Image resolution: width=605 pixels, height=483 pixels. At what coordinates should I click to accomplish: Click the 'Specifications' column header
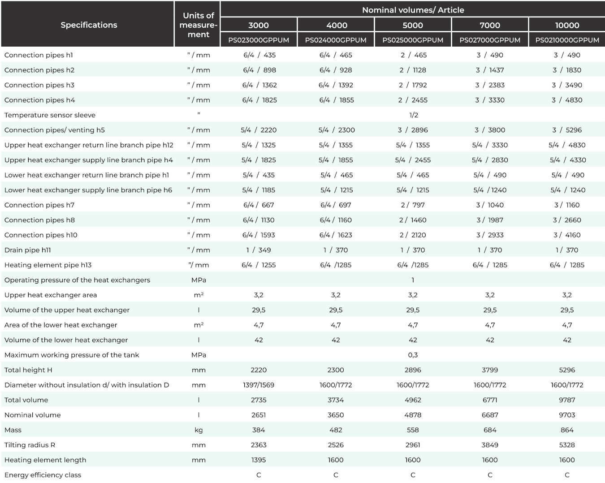pos(89,25)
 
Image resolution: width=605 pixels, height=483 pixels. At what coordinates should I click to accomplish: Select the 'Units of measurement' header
pos(199,25)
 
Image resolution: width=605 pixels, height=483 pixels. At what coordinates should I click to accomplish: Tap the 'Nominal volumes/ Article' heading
pos(413,10)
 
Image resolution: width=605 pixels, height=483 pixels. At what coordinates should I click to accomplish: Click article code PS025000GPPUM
pos(413,40)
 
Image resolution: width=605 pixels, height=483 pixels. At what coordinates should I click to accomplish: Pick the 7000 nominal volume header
pos(490,25)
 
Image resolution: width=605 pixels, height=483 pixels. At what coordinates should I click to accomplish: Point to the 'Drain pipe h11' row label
pos(27,250)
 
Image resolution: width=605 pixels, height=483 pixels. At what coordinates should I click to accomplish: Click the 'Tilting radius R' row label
pos(30,445)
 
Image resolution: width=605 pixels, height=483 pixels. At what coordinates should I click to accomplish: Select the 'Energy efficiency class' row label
pos(43,475)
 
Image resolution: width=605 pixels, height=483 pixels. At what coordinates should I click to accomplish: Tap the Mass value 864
pos(567,430)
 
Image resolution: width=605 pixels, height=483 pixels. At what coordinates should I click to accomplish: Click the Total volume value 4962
pos(413,400)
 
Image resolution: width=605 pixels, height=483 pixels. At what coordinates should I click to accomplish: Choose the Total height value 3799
pos(490,370)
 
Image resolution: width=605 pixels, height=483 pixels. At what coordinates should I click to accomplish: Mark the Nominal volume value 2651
pos(259,415)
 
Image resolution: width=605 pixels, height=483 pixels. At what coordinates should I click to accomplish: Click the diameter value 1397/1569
pos(259,385)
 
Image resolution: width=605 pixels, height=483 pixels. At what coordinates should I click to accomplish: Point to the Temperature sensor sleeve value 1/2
pos(414,115)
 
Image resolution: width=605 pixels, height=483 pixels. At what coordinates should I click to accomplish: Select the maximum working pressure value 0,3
pos(413,355)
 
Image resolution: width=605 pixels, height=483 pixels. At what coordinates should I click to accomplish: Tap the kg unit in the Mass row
pos(199,430)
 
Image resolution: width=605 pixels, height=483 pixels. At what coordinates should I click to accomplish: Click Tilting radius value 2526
pos(336,445)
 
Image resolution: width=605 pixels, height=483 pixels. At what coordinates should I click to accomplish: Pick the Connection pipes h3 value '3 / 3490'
pos(567,85)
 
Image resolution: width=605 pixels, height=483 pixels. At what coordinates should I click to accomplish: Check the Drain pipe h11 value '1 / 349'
pos(259,250)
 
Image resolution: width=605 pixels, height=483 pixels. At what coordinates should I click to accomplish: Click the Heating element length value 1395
pos(259,460)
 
